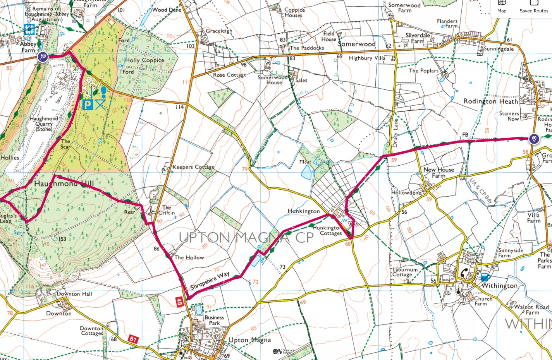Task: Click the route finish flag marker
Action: [43, 57]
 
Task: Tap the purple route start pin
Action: [534, 139]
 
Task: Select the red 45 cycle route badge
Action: [179, 302]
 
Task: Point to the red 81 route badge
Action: [133, 339]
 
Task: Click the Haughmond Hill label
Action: [64, 184]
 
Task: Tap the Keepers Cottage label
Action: [193, 167]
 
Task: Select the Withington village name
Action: [499, 286]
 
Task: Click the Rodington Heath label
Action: [490, 101]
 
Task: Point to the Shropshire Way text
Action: [210, 281]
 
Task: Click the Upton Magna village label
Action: [249, 340]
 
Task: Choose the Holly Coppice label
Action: [144, 60]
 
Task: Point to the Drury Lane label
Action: [396, 133]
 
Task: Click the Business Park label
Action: [214, 320]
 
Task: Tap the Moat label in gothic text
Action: [305, 162]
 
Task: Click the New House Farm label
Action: [439, 173]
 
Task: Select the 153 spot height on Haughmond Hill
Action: [62, 239]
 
